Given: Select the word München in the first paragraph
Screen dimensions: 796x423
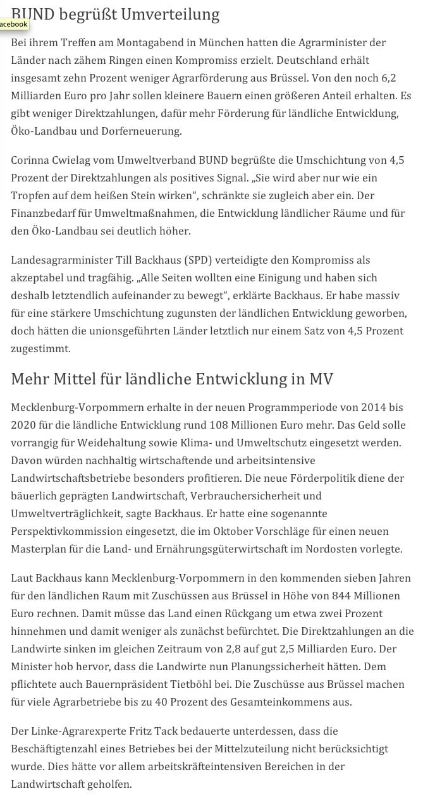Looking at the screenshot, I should coord(249,42).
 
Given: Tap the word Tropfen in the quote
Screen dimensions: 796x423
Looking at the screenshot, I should coord(31,195).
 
